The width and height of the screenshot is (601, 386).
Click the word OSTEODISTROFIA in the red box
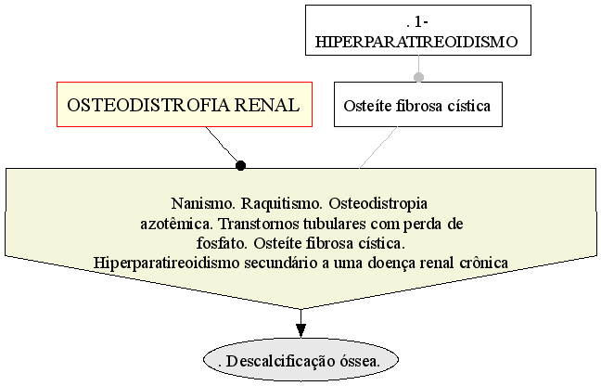point(148,105)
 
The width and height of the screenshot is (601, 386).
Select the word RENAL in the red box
point(267,105)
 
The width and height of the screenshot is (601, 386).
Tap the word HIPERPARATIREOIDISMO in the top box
point(416,42)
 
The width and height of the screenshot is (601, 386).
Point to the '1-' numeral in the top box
point(421,22)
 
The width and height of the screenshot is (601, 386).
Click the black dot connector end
point(240,165)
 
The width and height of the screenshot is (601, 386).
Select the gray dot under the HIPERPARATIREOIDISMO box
point(418,77)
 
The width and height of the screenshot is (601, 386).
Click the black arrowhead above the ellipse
point(300,331)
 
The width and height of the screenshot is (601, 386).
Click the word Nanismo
point(203,203)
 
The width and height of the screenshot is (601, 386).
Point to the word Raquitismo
point(281,204)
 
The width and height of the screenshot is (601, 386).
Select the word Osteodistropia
point(377,204)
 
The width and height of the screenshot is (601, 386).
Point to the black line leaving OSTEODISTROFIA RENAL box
point(223,146)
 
